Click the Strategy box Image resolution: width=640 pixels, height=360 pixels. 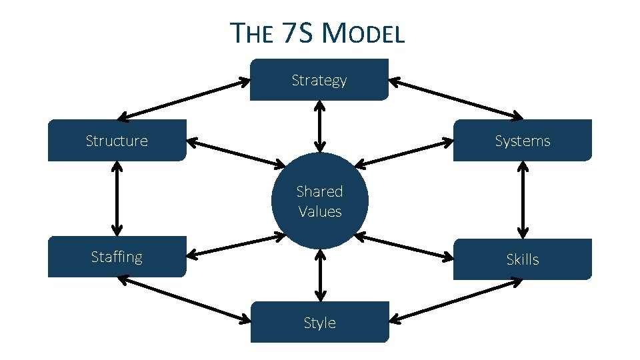pos(319,80)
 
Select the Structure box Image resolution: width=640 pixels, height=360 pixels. pos(117,141)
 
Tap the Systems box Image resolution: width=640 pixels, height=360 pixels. pos(522,141)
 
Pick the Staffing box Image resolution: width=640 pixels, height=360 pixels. pos(117,257)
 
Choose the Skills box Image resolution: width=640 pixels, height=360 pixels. pos(522,259)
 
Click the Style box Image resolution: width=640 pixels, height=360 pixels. pos(319,323)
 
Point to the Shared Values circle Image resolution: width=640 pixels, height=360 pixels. pos(319,201)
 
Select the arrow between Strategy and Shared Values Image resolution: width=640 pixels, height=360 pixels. pos(320,126)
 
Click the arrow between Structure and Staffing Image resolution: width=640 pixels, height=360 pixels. pos(117,199)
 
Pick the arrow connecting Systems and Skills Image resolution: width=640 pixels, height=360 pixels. pos(523,199)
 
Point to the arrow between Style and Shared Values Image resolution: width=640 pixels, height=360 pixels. pos(320,275)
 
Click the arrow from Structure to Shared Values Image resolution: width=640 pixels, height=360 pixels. pos(236,153)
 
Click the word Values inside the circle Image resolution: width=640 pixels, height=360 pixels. pos(320,212)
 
